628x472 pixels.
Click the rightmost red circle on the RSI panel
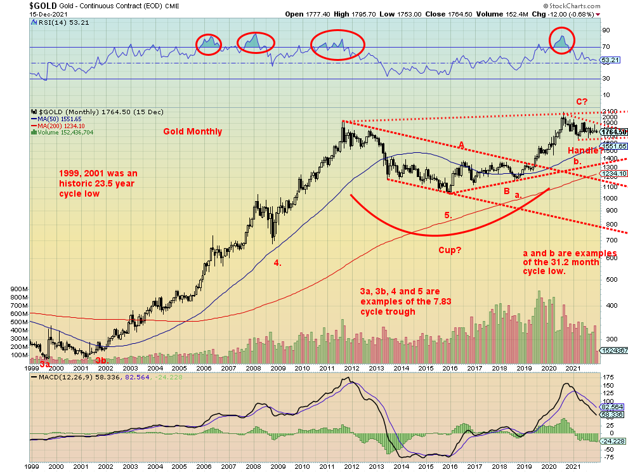tap(561, 40)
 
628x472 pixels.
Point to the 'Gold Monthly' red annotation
tap(193, 131)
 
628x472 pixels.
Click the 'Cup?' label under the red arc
tap(450, 250)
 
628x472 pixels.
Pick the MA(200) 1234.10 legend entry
tap(60, 126)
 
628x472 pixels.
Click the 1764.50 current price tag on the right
tap(613, 132)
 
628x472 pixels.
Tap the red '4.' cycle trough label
tap(277, 262)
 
